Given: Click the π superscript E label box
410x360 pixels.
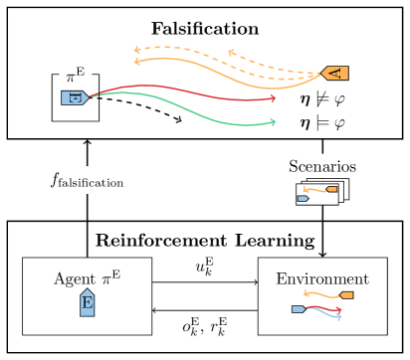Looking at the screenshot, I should pyautogui.click(x=75, y=74).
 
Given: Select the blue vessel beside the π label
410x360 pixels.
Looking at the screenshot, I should pyautogui.click(x=75, y=97).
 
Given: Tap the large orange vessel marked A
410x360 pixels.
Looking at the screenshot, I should pyautogui.click(x=335, y=73).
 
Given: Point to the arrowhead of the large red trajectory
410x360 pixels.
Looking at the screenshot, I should pyautogui.click(x=273, y=98).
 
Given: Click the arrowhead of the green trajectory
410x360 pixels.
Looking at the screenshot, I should pyautogui.click(x=273, y=123).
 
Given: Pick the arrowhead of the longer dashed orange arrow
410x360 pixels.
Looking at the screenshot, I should pyautogui.click(x=137, y=48).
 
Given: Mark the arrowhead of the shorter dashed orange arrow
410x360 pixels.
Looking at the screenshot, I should pyautogui.click(x=231, y=52).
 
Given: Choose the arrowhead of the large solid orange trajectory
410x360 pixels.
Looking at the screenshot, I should pyautogui.click(x=137, y=62).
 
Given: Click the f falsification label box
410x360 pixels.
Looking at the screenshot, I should pyautogui.click(x=88, y=180).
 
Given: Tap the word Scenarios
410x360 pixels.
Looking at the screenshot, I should pyautogui.click(x=321, y=166).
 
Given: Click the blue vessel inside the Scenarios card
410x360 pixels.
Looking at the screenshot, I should pyautogui.click(x=303, y=198).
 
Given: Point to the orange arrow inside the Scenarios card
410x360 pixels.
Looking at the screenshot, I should pyautogui.click(x=316, y=190).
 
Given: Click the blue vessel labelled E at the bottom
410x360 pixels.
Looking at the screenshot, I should pyautogui.click(x=87, y=302).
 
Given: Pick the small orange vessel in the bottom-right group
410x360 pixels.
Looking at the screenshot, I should pyautogui.click(x=346, y=295).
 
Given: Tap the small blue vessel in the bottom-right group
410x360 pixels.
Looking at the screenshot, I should pyautogui.click(x=298, y=309).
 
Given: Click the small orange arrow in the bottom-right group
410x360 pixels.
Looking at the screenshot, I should pyautogui.click(x=320, y=294).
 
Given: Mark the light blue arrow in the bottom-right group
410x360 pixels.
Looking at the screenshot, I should pyautogui.click(x=328, y=315).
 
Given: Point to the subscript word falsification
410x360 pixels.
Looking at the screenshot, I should pyautogui.click(x=96, y=183).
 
